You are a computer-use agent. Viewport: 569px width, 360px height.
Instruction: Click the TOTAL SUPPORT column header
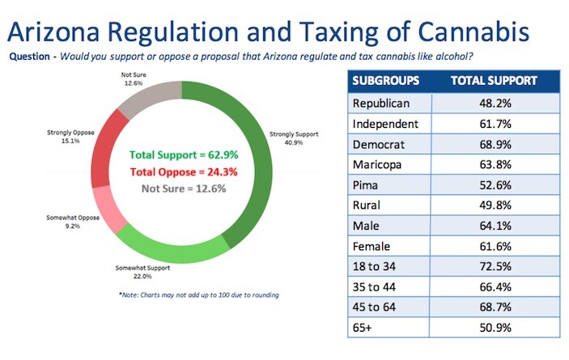tap(495, 82)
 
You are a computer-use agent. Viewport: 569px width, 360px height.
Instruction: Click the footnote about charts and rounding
tap(198, 294)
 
